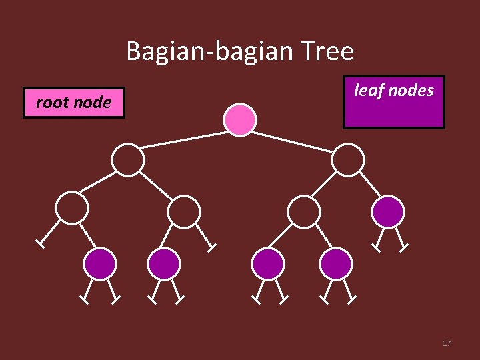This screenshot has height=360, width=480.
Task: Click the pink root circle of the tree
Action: (x=239, y=119)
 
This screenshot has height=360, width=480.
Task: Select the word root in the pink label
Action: (x=51, y=103)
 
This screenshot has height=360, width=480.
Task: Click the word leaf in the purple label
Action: (x=366, y=90)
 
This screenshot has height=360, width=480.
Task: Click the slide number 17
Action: (x=447, y=343)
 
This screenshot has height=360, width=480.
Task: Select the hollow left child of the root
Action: (x=127, y=160)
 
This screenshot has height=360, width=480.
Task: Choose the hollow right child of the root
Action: (x=347, y=160)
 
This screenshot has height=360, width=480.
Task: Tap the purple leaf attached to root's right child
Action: (x=387, y=212)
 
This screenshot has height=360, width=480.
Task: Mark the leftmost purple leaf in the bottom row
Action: (x=100, y=263)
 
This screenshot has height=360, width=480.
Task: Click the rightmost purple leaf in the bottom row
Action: (x=336, y=263)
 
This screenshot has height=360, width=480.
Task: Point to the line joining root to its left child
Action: (x=183, y=139)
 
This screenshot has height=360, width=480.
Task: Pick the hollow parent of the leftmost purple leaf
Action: (x=71, y=207)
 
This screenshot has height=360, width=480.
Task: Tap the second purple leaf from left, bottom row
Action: (x=163, y=263)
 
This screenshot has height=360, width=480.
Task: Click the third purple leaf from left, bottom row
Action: (x=268, y=263)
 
